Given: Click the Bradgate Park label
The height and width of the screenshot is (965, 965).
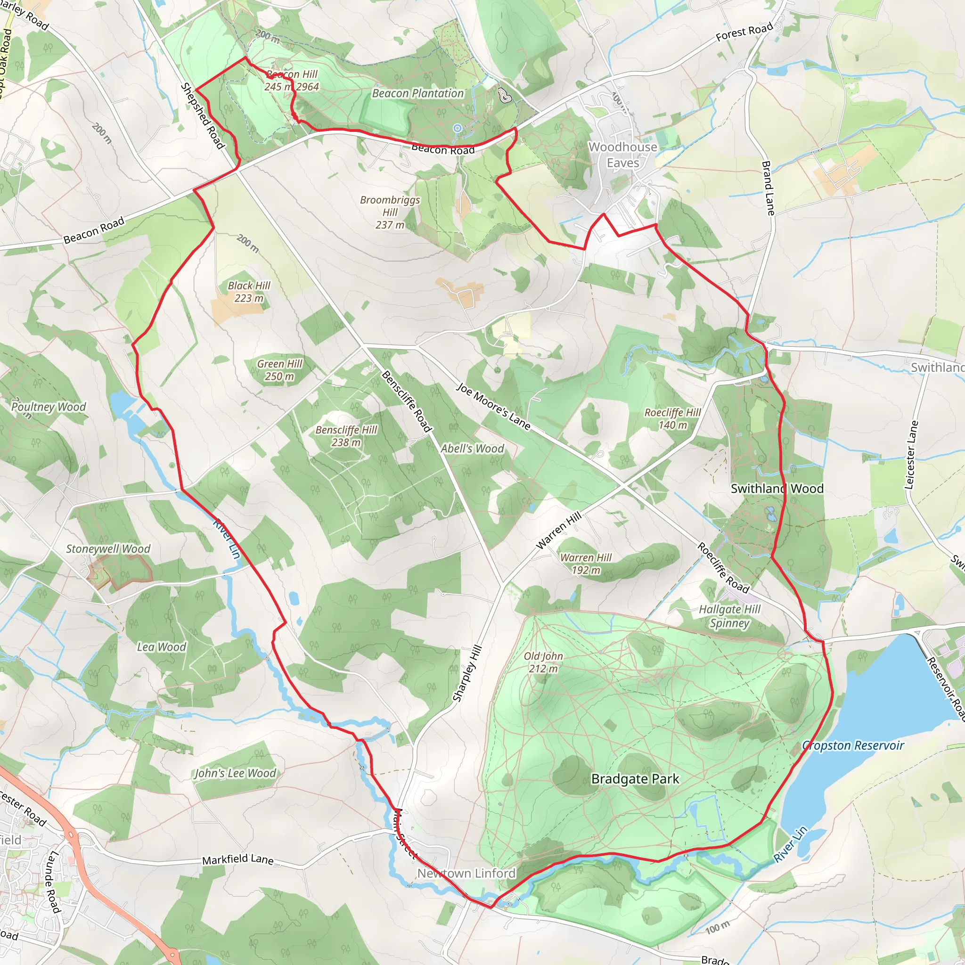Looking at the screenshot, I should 635,779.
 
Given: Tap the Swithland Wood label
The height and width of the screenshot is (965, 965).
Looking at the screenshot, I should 777,489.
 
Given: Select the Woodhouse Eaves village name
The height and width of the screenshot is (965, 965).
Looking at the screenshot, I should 623,155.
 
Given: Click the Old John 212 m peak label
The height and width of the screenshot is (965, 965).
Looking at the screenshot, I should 543,662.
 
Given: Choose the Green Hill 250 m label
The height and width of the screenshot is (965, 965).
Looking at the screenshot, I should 280,370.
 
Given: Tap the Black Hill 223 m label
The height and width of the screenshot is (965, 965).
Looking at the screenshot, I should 249,292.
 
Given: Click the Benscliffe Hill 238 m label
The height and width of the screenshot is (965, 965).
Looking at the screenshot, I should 346,436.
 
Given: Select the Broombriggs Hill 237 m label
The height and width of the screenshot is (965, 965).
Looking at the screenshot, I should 390,213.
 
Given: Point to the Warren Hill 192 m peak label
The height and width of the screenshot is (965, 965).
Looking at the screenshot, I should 585,564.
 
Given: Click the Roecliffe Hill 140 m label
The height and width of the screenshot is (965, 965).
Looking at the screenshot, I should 672,418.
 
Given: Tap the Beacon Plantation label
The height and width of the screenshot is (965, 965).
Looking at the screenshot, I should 417,93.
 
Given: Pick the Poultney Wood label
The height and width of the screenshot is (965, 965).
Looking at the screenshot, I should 49,407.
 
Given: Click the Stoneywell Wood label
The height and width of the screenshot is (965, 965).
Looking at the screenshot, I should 108,549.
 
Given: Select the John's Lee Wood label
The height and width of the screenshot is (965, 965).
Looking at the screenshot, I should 235,773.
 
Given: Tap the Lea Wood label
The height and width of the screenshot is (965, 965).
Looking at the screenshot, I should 161,647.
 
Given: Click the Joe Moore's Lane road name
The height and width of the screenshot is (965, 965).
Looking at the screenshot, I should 493,407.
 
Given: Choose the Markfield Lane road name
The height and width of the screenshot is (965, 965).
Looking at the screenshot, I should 238,859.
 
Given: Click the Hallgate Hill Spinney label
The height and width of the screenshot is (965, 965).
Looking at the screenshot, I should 729,616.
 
